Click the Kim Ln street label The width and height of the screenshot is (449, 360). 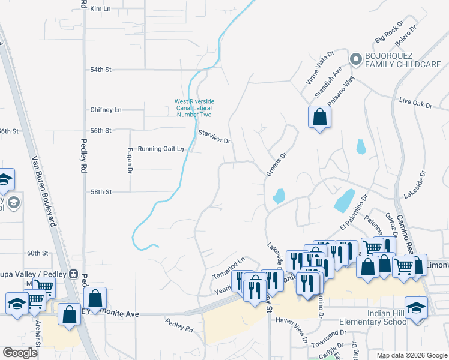[x=100, y=9]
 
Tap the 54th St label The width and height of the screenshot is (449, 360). [x=101, y=70]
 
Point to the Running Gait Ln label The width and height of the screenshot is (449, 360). [x=160, y=149]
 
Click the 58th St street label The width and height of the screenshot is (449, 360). [x=101, y=192]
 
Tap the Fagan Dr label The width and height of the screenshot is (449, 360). [x=130, y=160]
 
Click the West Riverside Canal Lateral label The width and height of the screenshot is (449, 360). [x=194, y=108]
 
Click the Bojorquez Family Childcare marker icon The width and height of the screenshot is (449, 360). [x=355, y=59]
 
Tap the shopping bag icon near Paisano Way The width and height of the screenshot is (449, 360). [x=319, y=116]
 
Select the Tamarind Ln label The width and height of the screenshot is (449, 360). [x=229, y=268]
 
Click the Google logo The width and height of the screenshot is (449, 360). [x=20, y=353]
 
